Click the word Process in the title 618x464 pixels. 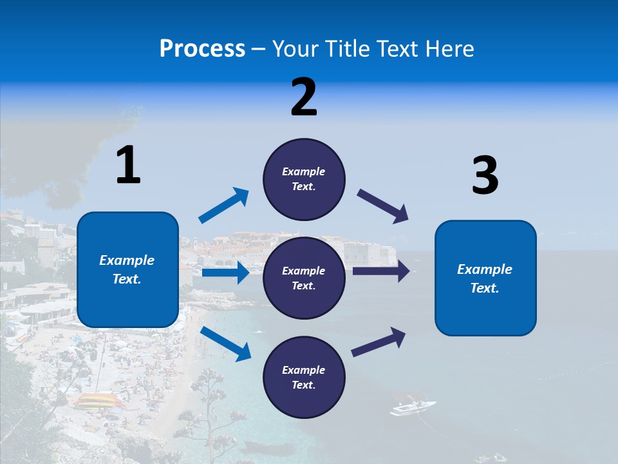[x=202, y=49]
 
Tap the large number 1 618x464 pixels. [x=128, y=165]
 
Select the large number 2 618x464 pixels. [x=304, y=97]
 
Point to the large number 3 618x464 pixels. [x=485, y=176]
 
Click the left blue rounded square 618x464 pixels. [x=127, y=269]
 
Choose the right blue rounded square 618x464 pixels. [x=485, y=278]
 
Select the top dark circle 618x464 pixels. [x=304, y=179]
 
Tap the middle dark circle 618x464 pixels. [x=304, y=278]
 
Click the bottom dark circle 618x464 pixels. [x=304, y=377]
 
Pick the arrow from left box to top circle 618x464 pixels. [x=223, y=206]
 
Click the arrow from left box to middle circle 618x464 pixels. [x=225, y=273]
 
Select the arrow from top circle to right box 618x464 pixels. [x=383, y=206]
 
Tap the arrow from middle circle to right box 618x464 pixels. [x=380, y=271]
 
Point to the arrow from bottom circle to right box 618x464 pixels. [x=379, y=342]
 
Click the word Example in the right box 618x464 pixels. [x=485, y=269]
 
